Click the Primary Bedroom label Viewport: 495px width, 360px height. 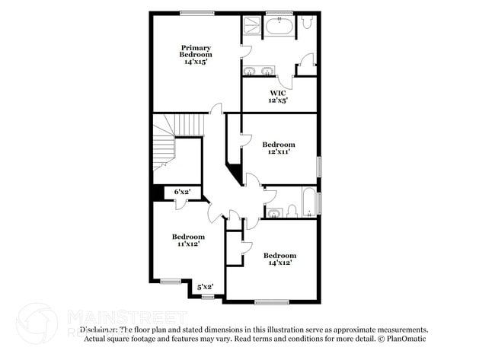[196, 51]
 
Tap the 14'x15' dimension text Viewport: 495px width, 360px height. [196, 62]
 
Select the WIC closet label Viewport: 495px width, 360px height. [278, 94]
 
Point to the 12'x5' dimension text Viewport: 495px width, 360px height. [278, 100]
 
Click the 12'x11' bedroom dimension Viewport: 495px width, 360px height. [278, 151]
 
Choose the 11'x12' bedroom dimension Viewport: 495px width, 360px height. [187, 244]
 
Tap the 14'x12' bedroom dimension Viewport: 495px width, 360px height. [279, 263]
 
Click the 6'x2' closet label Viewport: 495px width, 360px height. [182, 192]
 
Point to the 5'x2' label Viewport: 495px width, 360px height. [206, 287]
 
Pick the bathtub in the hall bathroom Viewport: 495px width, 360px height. [308, 202]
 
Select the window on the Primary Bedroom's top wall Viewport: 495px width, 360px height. [196, 12]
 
